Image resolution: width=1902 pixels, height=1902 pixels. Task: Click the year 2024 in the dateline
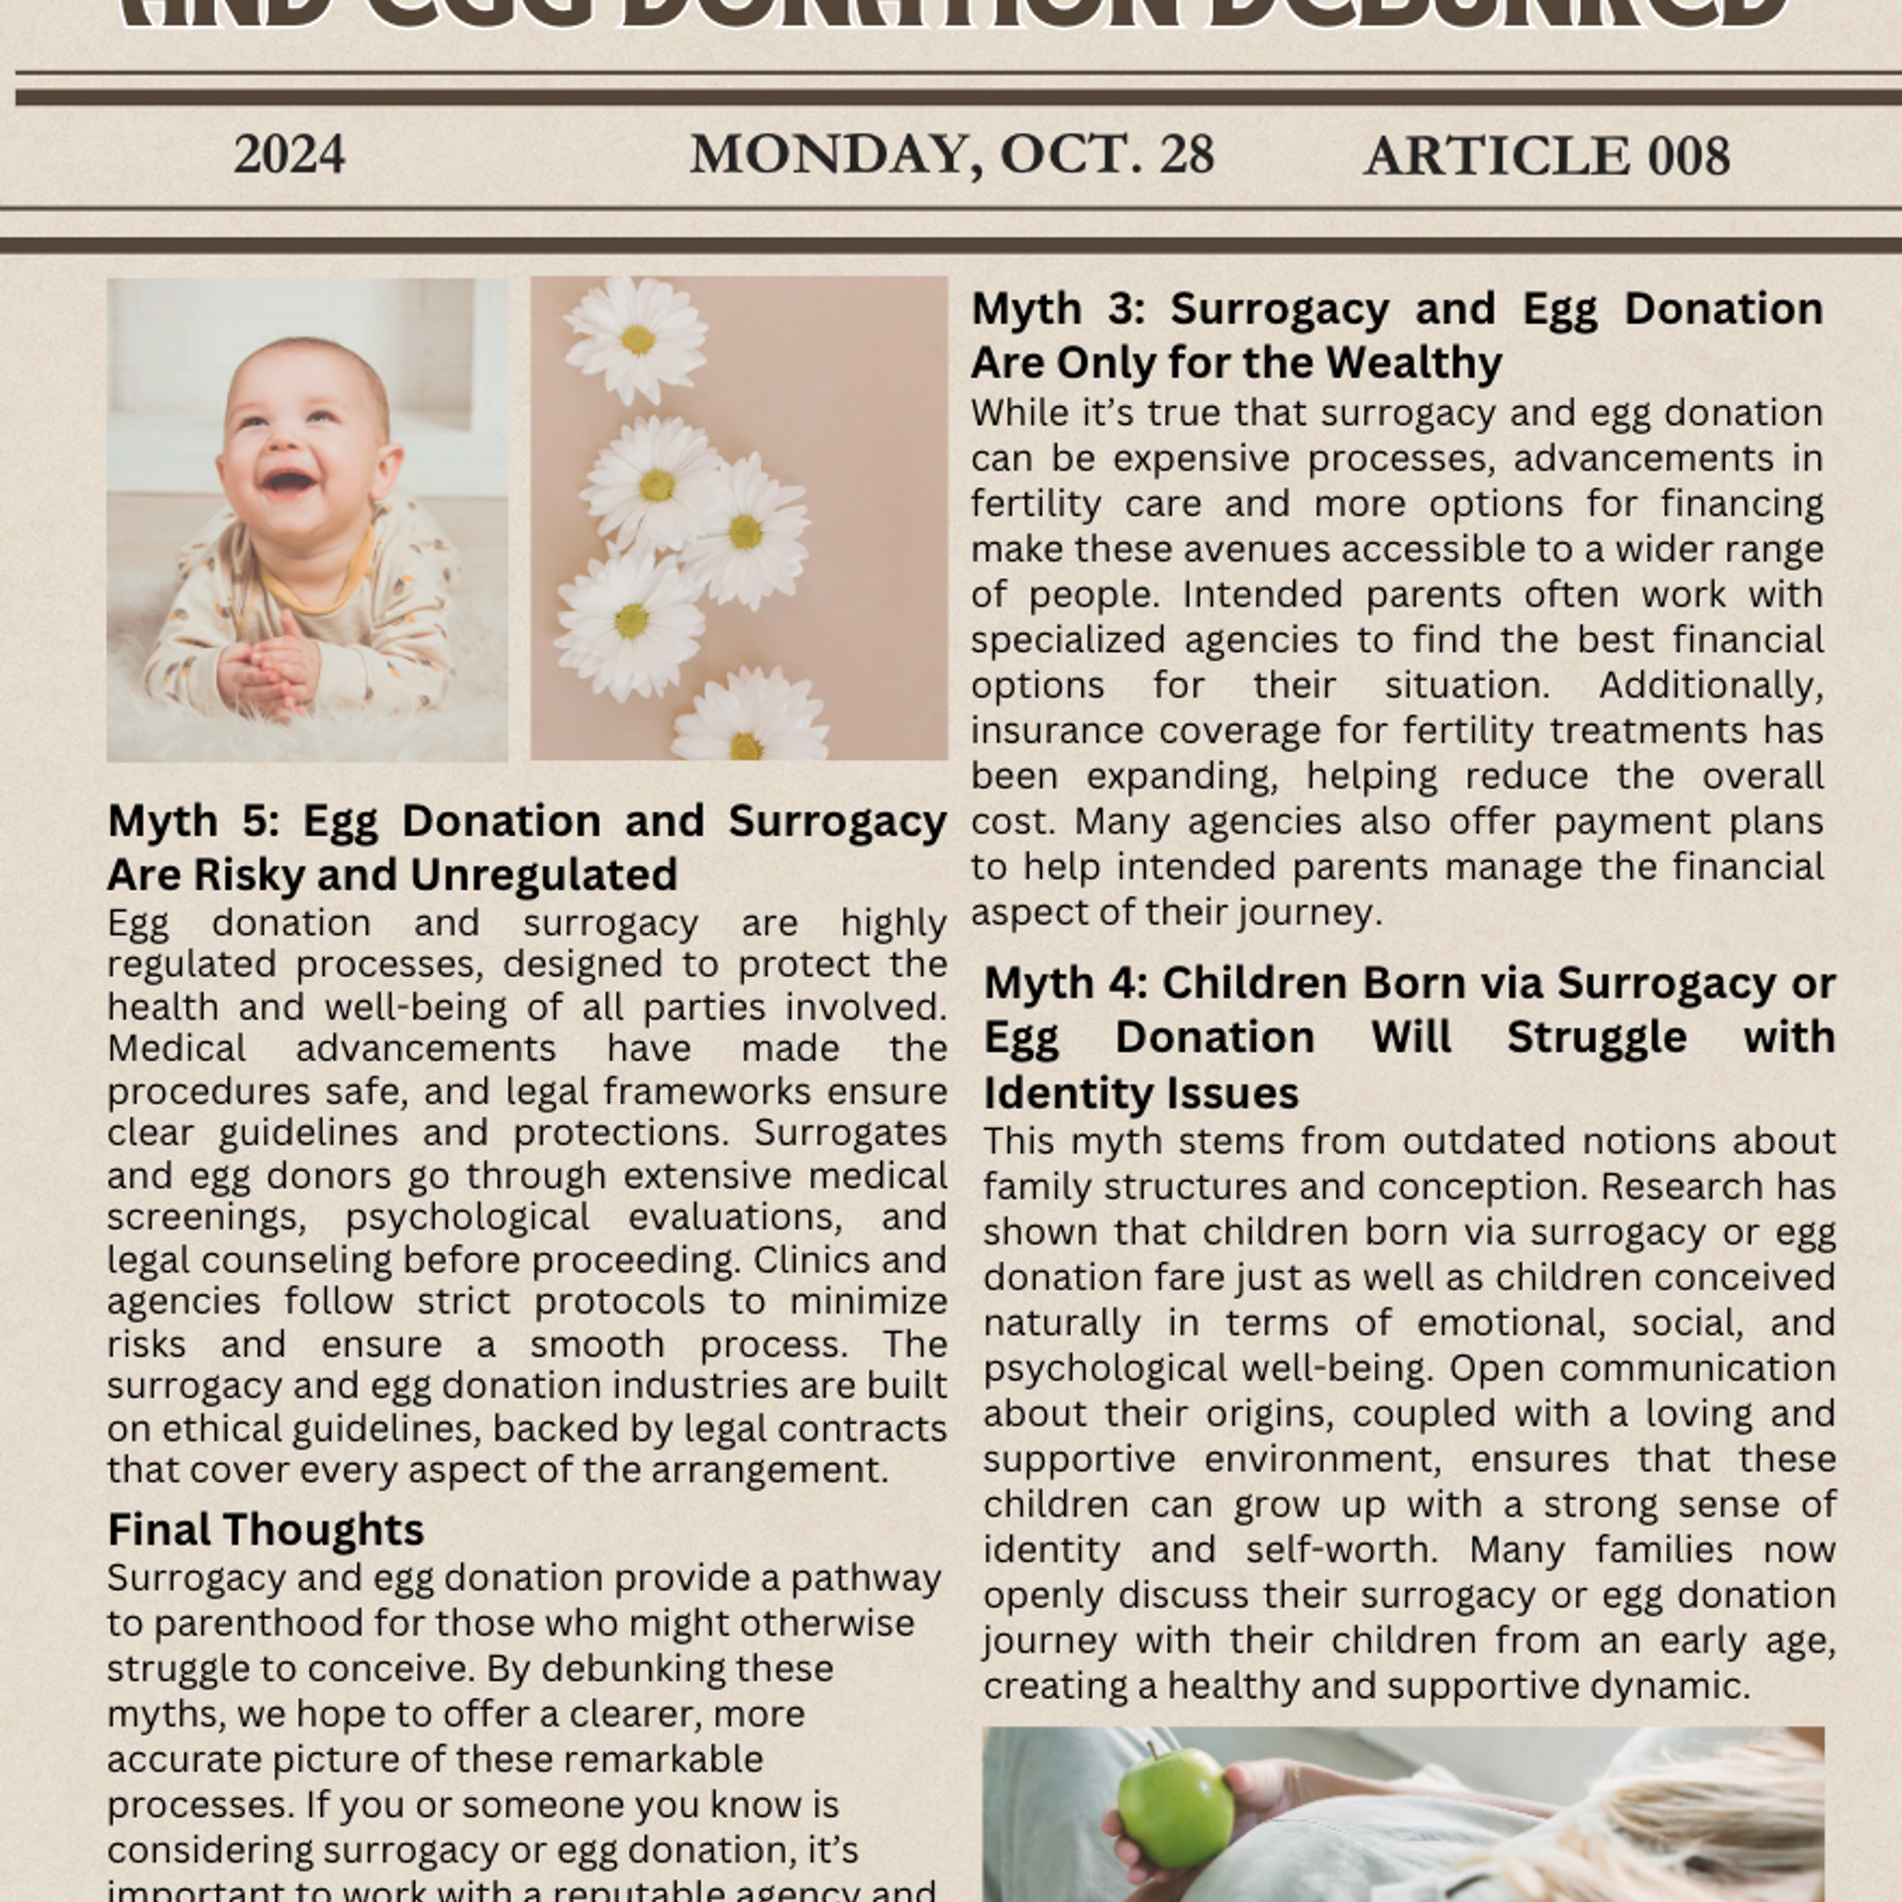point(289,156)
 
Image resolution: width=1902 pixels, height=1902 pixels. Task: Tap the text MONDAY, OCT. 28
point(951,156)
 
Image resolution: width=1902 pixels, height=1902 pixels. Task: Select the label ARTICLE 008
point(1546,157)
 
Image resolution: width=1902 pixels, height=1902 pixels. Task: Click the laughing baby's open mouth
point(286,482)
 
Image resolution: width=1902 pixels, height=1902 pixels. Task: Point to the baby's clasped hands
point(268,668)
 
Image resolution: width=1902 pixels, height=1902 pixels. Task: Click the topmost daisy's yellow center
point(638,340)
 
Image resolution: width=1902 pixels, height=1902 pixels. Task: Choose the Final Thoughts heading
point(265,1530)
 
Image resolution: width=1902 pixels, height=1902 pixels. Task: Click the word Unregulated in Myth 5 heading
point(544,875)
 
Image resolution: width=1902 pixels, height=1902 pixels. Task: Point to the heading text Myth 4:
point(1065,984)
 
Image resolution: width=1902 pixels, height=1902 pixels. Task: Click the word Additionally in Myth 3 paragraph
point(1710,686)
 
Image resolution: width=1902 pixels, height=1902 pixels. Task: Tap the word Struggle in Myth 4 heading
point(1596,1038)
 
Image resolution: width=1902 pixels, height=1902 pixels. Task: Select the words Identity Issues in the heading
point(1140,1094)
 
